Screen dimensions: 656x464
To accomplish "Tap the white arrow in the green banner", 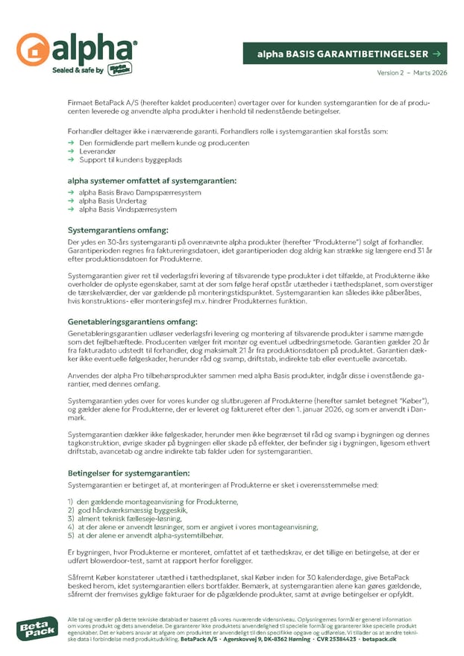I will pos(436,54).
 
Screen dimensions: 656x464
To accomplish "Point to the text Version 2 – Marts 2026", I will pos(413,72).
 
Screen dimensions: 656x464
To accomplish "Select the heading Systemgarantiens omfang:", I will pos(117,230).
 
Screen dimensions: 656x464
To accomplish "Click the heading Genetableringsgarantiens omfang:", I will pos(133,321).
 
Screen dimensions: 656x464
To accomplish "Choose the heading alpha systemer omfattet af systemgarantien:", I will pos(152,181).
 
